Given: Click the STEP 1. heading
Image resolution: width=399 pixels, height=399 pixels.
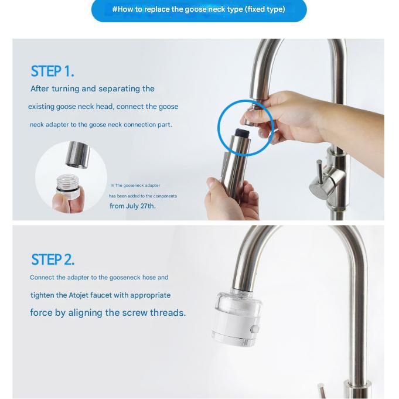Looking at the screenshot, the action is pyautogui.click(x=52, y=71).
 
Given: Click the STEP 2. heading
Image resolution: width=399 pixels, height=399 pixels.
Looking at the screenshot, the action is pyautogui.click(x=53, y=260).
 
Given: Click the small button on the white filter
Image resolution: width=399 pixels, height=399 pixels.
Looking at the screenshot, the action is pyautogui.click(x=254, y=329).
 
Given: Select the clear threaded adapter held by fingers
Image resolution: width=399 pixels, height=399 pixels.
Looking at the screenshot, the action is pyautogui.click(x=68, y=186).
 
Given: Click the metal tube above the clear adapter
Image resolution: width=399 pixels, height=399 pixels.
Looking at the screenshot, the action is pyautogui.click(x=77, y=155).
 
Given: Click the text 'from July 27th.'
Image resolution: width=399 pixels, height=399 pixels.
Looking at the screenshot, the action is pyautogui.click(x=132, y=206).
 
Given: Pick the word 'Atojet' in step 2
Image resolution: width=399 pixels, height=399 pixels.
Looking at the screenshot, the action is pyautogui.click(x=79, y=295).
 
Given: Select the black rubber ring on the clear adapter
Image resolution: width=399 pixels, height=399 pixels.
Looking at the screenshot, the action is pyautogui.click(x=68, y=190).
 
